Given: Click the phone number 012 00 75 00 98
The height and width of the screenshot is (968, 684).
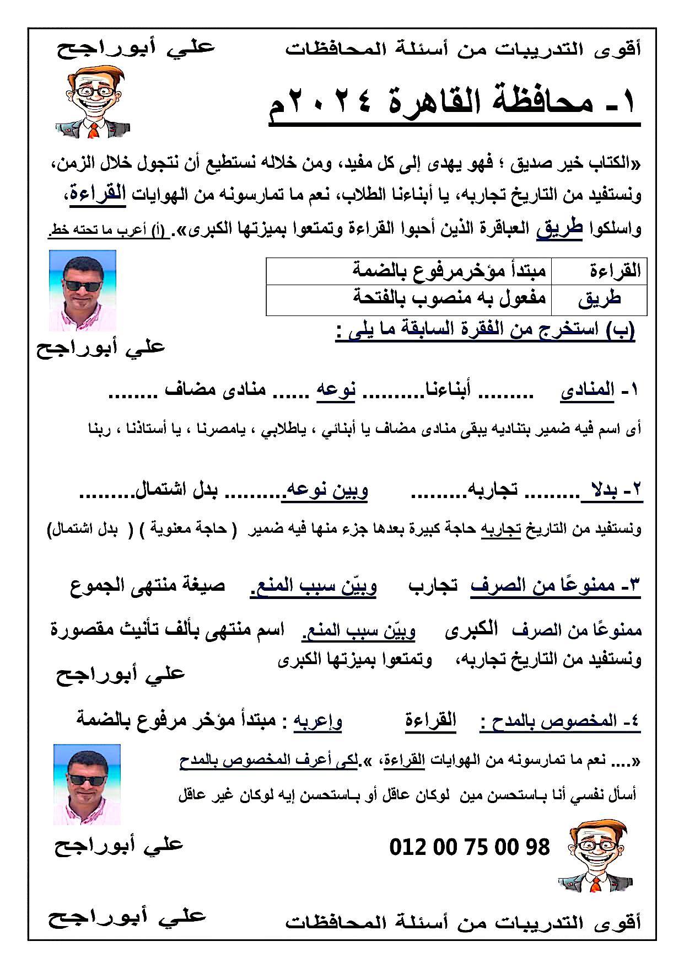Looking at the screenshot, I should (x=469, y=847).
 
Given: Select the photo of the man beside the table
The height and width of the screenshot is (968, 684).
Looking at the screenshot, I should (x=83, y=290).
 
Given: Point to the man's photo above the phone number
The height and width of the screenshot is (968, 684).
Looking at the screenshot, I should (x=87, y=784).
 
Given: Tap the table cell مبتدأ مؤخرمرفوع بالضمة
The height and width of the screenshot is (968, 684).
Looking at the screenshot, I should (x=450, y=271).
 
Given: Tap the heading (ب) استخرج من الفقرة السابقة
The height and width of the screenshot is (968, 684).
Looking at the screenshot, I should (x=485, y=331).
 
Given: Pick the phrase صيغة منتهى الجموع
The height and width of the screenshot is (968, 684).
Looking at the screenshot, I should (x=148, y=585).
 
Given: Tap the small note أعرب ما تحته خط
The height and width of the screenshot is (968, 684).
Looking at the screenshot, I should (x=104, y=231).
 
